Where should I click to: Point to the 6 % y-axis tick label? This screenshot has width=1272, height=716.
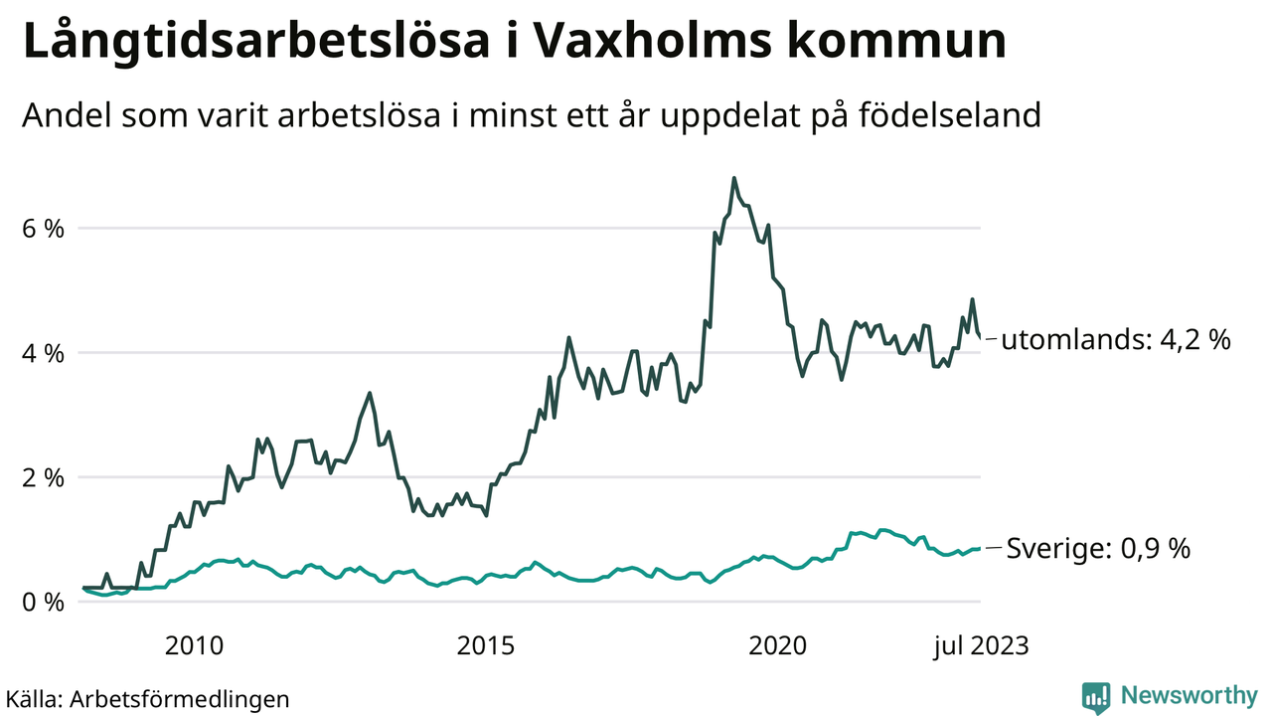[x=43, y=229]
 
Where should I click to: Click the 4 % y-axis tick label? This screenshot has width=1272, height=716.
[x=43, y=353]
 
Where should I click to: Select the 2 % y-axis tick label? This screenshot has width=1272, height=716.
[x=43, y=477]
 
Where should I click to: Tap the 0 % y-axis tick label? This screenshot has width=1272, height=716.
[x=43, y=602]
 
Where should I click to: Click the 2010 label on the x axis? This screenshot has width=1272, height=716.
[x=194, y=646]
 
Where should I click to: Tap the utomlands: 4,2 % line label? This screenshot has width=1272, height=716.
[x=1115, y=340]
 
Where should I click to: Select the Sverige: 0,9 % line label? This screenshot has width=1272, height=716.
[x=1098, y=548]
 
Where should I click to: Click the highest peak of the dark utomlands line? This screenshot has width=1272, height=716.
[x=733, y=179]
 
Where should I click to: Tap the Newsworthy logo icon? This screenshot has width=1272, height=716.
[x=1095, y=697]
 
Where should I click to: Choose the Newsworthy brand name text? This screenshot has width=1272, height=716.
[x=1189, y=696]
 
